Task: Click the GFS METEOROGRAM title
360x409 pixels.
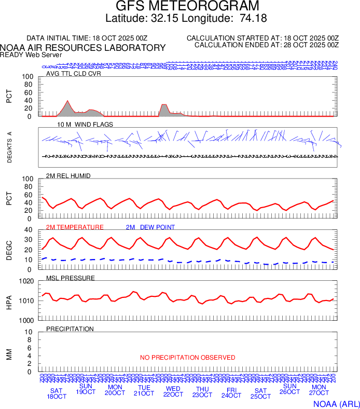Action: (180, 7)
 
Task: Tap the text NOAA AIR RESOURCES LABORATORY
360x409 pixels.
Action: (83, 48)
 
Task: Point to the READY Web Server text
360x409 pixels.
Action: (31, 55)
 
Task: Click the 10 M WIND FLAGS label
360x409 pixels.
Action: (85, 125)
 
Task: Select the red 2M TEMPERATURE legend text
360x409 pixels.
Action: (75, 227)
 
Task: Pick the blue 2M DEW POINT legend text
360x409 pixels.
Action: (150, 227)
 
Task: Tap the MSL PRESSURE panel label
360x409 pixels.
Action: (71, 278)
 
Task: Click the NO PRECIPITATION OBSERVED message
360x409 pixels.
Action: (188, 358)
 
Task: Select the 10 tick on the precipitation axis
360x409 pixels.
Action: (30, 332)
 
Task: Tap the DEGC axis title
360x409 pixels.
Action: (9, 249)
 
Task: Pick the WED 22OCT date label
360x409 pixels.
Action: (173, 391)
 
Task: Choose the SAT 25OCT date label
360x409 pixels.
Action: (260, 394)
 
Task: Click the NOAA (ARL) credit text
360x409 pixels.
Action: (336, 403)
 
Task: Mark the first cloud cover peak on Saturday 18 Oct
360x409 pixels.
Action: (67, 101)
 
